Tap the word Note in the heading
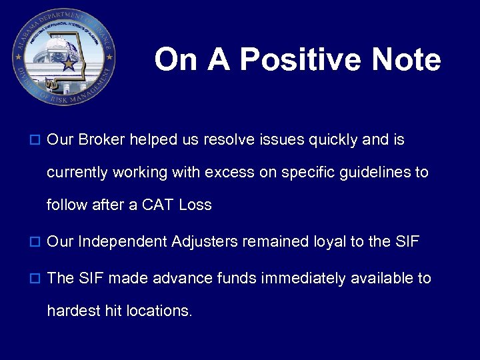406,59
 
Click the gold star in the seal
68,64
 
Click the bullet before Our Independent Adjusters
36,242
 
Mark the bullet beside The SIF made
36,279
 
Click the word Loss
195,205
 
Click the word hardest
71,310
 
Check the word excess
229,173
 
